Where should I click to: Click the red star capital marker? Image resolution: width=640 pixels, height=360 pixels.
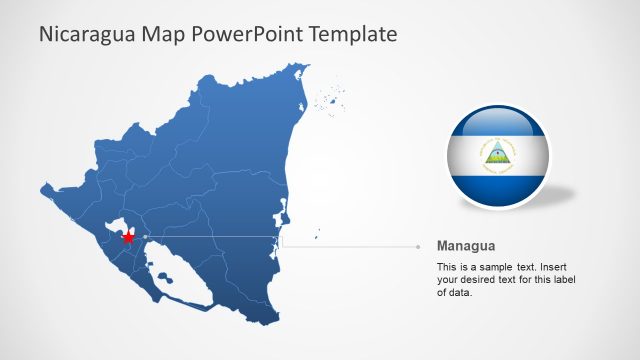click(x=128, y=238)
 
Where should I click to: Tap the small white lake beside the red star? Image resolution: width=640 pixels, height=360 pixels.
click(x=118, y=226)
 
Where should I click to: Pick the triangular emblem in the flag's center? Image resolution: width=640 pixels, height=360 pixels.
click(x=497, y=153)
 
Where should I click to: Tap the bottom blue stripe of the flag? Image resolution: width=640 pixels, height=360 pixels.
click(x=497, y=186)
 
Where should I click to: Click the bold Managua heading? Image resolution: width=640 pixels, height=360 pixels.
click(x=466, y=246)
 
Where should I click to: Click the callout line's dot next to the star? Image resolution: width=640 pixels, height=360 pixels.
click(x=145, y=236)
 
